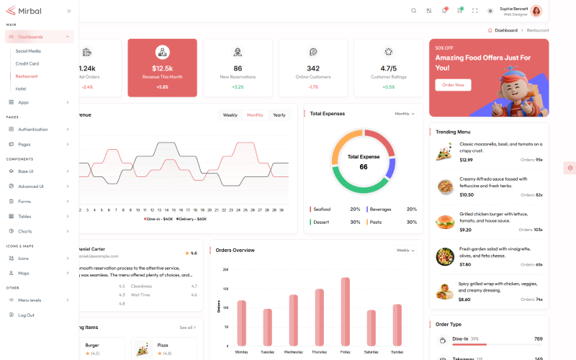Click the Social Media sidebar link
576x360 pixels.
(28, 51)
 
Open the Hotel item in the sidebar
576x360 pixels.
(21, 89)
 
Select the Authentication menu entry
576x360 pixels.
(33, 130)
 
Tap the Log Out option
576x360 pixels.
(26, 315)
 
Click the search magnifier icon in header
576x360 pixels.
(413, 11)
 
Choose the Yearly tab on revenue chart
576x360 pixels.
(279, 115)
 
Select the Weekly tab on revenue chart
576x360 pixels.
(230, 115)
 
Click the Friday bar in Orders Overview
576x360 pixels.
(345, 311)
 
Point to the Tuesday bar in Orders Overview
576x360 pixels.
(267, 327)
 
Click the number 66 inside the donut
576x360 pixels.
(364, 167)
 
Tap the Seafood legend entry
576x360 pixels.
(322, 210)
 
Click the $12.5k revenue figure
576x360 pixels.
(162, 68)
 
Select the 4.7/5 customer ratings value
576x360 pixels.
(389, 68)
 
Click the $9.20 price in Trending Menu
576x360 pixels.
(465, 230)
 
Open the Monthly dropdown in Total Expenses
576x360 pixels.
(405, 114)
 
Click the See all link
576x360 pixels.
(187, 328)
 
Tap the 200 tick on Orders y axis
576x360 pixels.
(225, 270)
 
